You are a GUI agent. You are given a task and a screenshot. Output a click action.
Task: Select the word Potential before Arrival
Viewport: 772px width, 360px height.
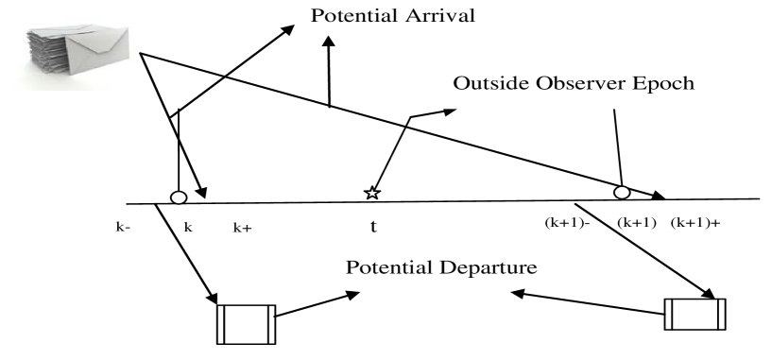[349, 16]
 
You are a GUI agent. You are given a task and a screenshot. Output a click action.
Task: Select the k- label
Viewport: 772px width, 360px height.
[124, 228]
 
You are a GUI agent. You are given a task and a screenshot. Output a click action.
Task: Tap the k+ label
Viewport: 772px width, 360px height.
[242, 228]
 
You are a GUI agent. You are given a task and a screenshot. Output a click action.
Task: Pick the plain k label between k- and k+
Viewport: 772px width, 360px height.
[187, 228]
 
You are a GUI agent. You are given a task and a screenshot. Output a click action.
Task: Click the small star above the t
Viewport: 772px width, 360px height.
[371, 194]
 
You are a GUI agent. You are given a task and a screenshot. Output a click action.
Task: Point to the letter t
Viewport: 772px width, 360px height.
[372, 228]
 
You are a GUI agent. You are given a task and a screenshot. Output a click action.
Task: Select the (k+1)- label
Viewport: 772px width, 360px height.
[567, 223]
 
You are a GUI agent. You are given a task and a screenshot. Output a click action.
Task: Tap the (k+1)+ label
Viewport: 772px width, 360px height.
[695, 223]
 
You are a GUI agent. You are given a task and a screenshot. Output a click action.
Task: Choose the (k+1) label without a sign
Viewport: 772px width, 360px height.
[636, 223]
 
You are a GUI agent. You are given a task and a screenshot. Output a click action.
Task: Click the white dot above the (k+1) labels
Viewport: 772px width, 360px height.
[621, 193]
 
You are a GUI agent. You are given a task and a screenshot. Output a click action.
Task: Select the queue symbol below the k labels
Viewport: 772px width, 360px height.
[247, 325]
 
